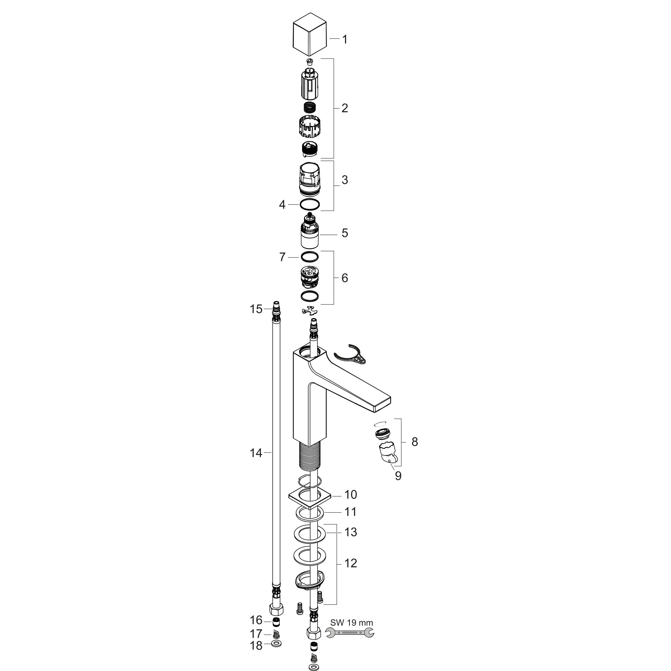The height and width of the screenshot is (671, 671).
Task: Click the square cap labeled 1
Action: pyautogui.click(x=310, y=34)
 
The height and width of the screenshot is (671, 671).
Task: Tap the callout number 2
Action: pyautogui.click(x=345, y=108)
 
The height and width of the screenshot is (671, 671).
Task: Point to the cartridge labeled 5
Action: pyautogui.click(x=310, y=231)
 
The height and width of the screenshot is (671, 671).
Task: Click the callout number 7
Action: pyautogui.click(x=282, y=257)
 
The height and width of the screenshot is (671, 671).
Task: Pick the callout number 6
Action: pyautogui.click(x=345, y=278)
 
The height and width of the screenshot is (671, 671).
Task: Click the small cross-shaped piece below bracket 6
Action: pyautogui.click(x=310, y=311)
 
